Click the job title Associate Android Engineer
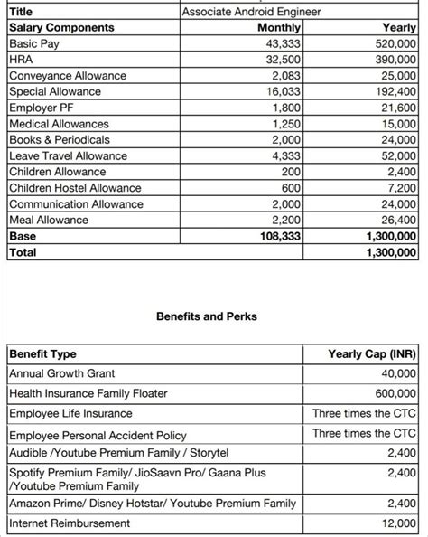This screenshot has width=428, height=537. pyautogui.click(x=250, y=12)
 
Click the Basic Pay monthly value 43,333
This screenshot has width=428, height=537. pyautogui.click(x=284, y=43)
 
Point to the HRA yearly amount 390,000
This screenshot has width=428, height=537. pyautogui.click(x=393, y=59)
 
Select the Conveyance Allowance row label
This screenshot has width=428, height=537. pyautogui.click(x=69, y=75)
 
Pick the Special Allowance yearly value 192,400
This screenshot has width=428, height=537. pyautogui.click(x=393, y=91)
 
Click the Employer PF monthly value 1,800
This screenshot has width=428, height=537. pyautogui.click(x=288, y=108)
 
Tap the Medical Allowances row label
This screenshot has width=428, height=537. pyautogui.click(x=59, y=124)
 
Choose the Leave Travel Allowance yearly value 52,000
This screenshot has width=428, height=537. pyautogui.click(x=396, y=155)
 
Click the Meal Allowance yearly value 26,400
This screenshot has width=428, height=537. pyautogui.click(x=396, y=220)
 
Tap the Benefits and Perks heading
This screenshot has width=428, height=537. pyautogui.click(x=207, y=316)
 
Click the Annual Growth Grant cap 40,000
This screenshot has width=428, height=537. pyautogui.click(x=396, y=373)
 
